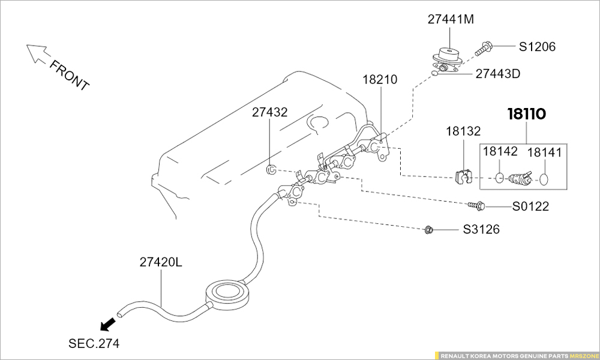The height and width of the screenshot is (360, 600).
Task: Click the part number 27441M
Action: tap(451, 19)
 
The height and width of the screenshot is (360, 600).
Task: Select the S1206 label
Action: tap(537, 47)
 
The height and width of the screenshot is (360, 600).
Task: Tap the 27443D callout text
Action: tap(497, 74)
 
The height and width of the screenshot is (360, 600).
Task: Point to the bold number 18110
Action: tap(527, 114)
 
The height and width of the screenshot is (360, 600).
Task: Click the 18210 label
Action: tap(379, 80)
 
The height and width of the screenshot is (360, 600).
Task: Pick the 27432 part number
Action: tap(269, 112)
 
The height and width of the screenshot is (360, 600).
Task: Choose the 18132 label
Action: tap(463, 131)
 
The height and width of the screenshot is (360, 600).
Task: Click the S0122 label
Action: tap(530, 207)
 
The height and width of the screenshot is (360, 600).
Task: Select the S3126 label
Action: tap(481, 230)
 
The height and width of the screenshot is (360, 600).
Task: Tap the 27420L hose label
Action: tap(161, 262)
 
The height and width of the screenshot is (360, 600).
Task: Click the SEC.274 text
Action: tap(94, 344)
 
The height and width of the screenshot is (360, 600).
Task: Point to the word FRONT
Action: tap(69, 75)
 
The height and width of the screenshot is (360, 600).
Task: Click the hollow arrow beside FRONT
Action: tap(37, 53)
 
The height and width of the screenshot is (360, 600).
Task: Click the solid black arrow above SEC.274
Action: tap(108, 325)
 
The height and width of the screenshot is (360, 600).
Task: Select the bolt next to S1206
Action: tap(484, 48)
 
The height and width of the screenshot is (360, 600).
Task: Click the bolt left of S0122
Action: tap(476, 206)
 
